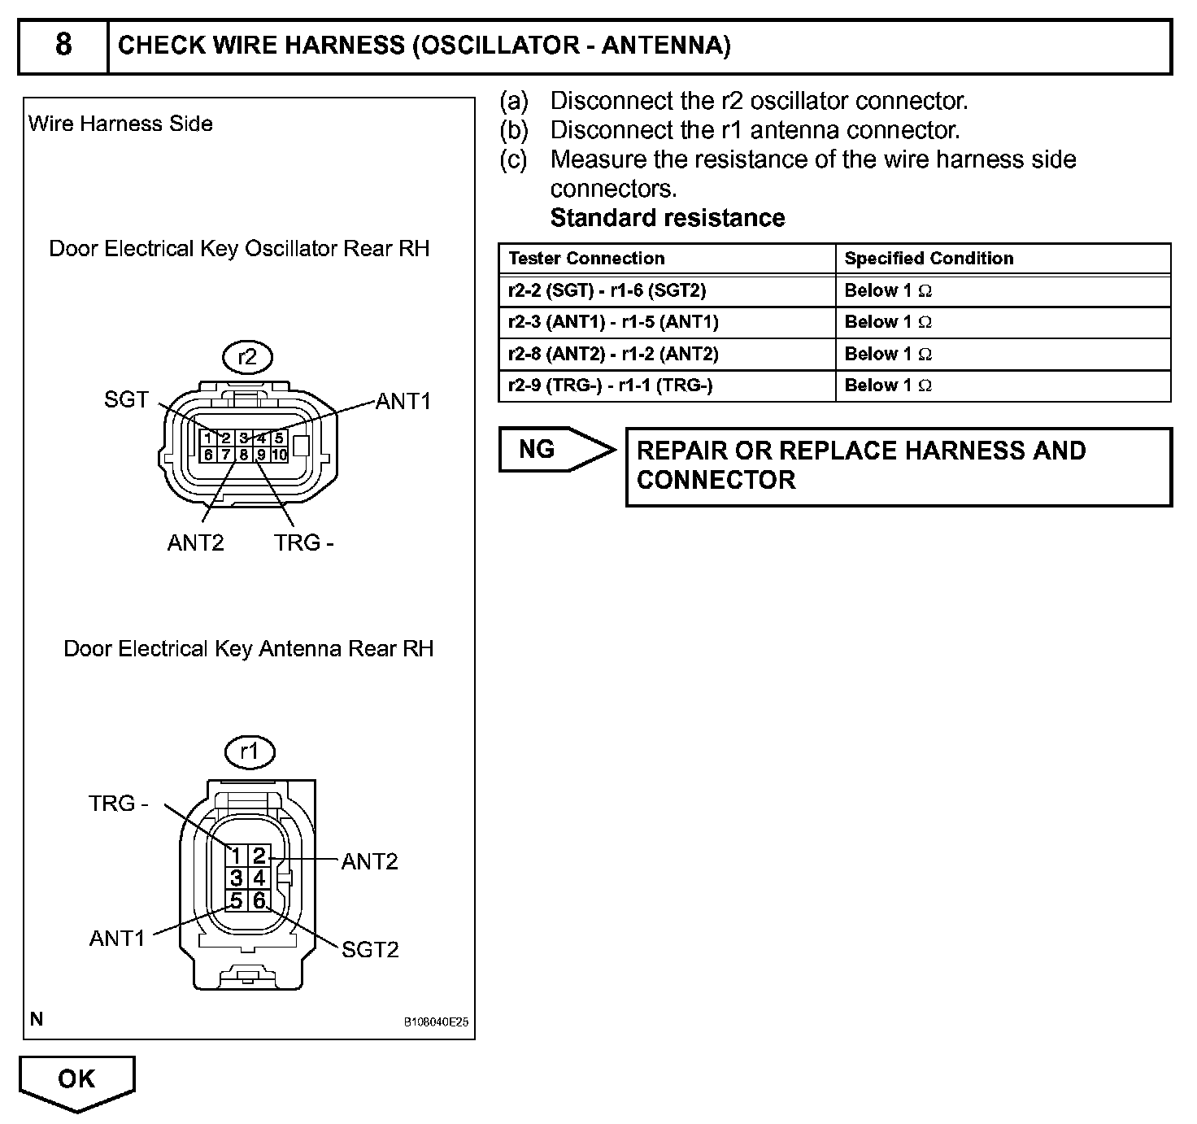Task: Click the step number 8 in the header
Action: tap(63, 45)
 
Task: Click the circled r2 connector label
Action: tap(247, 357)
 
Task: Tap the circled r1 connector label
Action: tap(249, 752)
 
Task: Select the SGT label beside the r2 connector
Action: tap(126, 399)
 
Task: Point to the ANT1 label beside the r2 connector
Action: tap(403, 401)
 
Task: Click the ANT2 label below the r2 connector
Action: tap(195, 542)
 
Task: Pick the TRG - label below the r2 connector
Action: tap(304, 542)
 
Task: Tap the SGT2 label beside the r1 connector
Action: tap(370, 949)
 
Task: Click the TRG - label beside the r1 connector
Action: tap(119, 804)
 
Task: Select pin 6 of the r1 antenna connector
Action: tap(259, 900)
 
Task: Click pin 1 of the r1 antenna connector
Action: tap(236, 856)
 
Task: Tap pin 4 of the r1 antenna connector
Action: tap(259, 878)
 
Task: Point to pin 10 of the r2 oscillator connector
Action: tap(279, 455)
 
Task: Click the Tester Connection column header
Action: tap(586, 259)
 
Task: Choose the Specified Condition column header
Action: tap(929, 259)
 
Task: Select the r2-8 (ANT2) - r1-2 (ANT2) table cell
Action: tap(613, 354)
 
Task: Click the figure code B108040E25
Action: tap(436, 1022)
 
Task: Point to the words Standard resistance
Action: tap(668, 218)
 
